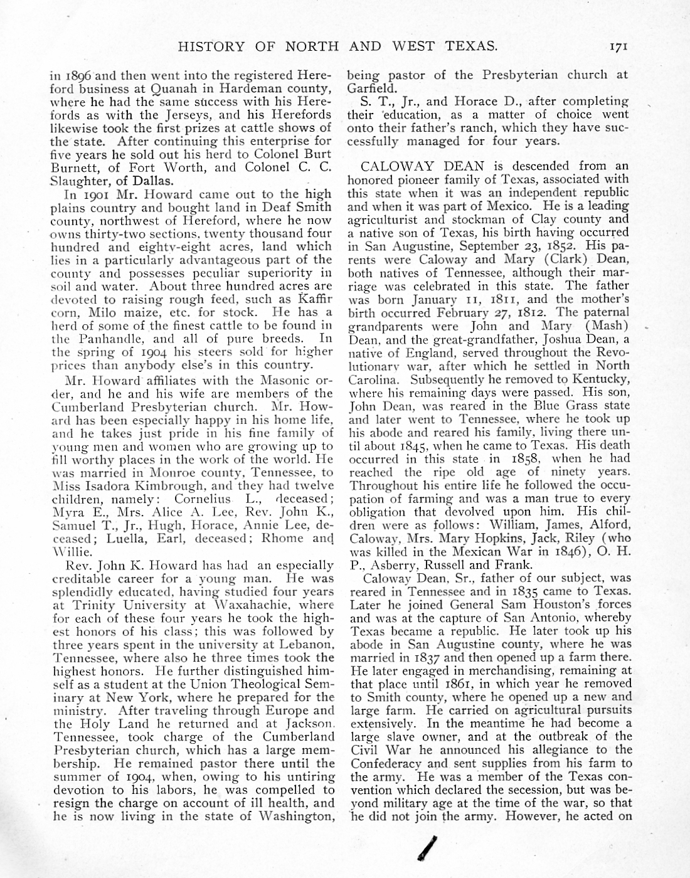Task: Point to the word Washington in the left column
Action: pyautogui.click(x=294, y=816)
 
